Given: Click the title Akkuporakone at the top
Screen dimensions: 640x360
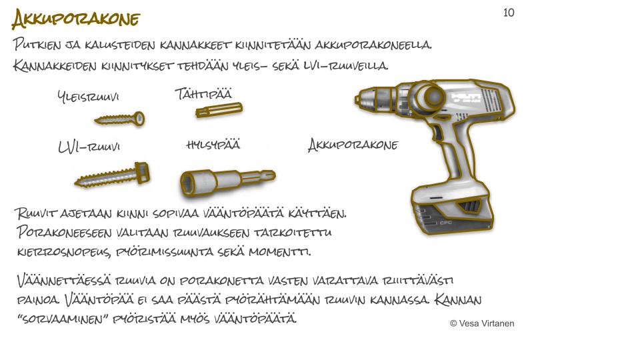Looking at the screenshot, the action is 76,19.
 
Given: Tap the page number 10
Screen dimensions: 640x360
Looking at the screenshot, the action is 509,13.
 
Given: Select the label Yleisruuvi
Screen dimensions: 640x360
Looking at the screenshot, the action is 88,97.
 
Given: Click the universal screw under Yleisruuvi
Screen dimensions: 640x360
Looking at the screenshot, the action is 119,119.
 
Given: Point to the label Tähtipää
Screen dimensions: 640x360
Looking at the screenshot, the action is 204,94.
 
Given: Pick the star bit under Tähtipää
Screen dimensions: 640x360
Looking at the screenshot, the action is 219,110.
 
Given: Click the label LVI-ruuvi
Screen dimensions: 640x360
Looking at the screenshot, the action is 89,147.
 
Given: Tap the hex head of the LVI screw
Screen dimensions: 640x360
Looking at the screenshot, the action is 143,173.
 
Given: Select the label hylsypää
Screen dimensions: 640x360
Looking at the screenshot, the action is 213,145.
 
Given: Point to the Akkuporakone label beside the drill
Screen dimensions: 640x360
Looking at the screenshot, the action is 353,145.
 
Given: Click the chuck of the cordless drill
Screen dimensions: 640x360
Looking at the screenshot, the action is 370,99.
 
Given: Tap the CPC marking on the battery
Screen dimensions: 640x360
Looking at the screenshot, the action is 446,223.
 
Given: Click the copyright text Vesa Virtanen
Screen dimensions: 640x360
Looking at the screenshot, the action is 482,323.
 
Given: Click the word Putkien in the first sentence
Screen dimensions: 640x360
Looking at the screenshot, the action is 37,44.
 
